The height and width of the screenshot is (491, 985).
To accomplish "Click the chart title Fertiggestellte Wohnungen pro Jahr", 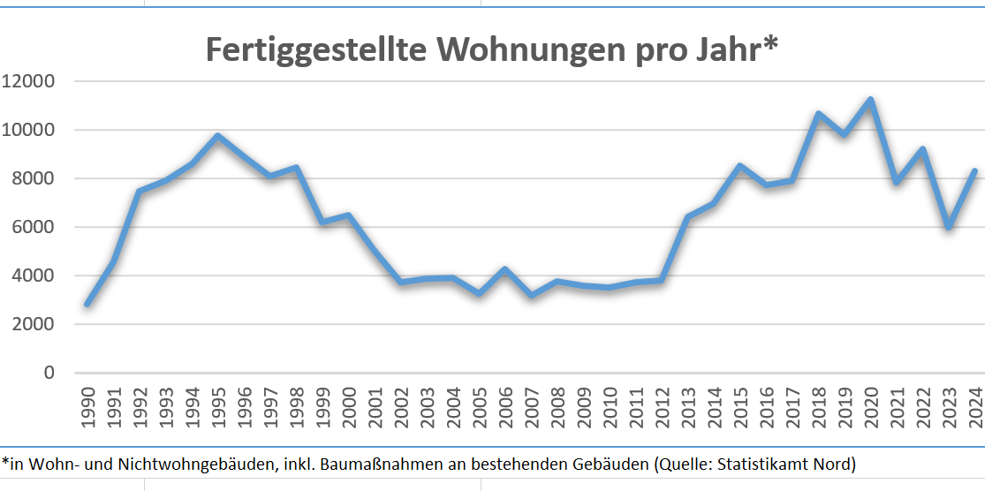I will (491, 49).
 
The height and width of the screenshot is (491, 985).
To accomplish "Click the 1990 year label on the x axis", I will (87, 409).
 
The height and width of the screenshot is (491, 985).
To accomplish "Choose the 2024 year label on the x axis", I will (975, 409).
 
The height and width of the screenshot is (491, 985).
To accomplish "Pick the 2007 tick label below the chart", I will (531, 409).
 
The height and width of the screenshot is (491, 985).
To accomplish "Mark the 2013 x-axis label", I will (687, 409).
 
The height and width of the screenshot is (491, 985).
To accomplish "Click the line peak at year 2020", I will (870, 100).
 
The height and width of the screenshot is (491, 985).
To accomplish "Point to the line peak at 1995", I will (217, 136).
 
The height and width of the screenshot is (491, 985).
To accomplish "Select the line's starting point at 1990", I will (87, 304).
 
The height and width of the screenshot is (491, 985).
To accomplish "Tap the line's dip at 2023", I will (949, 227).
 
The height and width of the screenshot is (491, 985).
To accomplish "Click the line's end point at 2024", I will (974, 171).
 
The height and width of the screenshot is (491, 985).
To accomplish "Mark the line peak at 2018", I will (818, 114).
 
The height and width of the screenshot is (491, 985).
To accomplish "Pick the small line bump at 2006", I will (504, 269).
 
